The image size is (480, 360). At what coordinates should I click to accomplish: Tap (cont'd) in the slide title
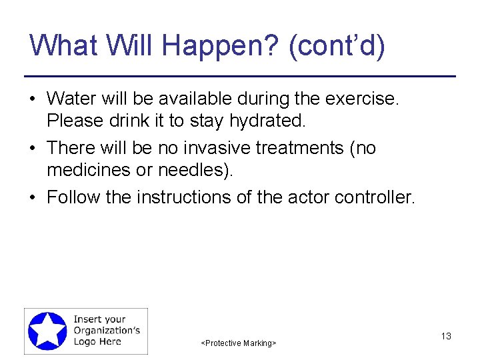point(337,46)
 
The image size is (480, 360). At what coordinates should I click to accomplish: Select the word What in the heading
point(63,46)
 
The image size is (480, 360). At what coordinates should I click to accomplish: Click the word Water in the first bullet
point(70,99)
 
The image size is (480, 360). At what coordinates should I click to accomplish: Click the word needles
point(194,170)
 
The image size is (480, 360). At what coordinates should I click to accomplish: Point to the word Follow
point(73,197)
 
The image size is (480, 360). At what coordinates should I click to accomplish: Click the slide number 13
point(446,336)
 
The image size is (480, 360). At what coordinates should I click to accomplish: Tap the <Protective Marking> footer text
point(239,343)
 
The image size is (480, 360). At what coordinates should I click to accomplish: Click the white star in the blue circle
point(47,331)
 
